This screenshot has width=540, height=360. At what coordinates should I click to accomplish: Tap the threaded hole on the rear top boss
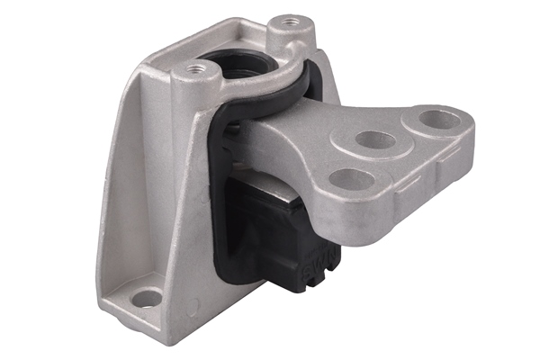coord(289,21)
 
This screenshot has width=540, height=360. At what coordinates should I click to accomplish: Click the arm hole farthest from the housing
coord(440,119)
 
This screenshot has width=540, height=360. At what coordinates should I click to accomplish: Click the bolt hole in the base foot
coord(147,298)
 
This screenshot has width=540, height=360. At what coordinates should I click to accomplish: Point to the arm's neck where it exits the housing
coord(270,135)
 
